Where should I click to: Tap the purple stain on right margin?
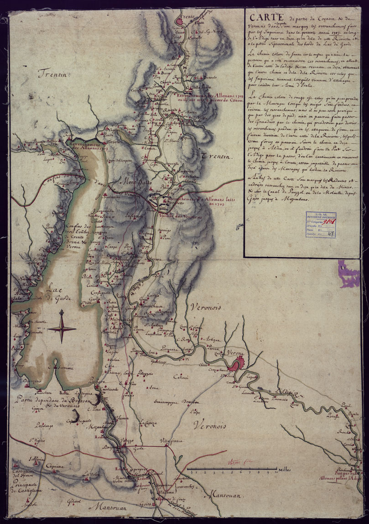348,273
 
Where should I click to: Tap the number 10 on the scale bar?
276,472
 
